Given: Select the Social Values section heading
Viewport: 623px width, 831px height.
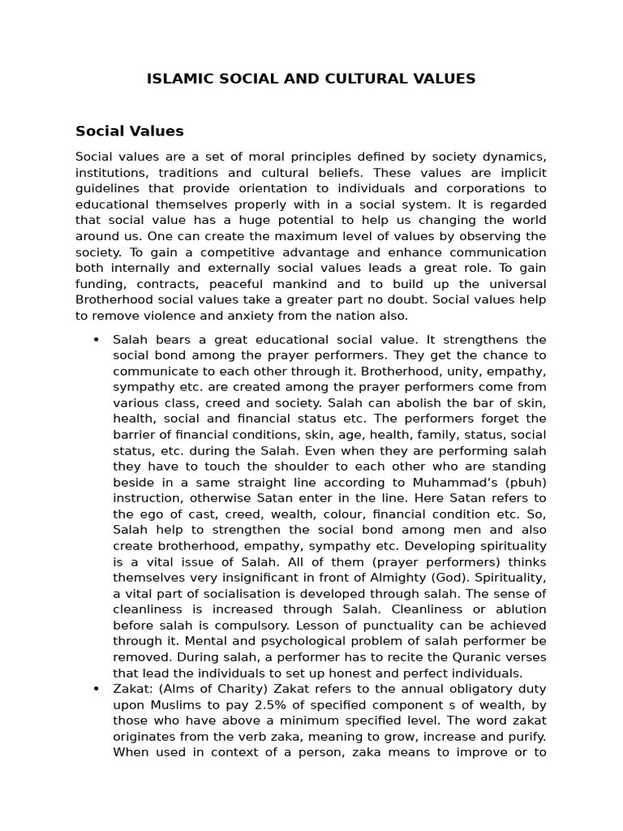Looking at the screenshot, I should pyautogui.click(x=130, y=131).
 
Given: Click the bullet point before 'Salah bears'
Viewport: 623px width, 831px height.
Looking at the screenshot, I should pyautogui.click(x=97, y=339).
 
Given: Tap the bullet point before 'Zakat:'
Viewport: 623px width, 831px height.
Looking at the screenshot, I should pyautogui.click(x=97, y=688).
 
